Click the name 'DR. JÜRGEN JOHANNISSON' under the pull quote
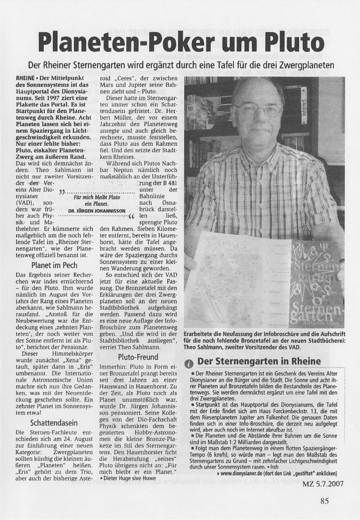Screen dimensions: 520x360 pyautogui.click(x=95, y=212)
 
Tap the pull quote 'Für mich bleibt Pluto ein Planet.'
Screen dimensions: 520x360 pyautogui.click(x=96, y=201)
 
